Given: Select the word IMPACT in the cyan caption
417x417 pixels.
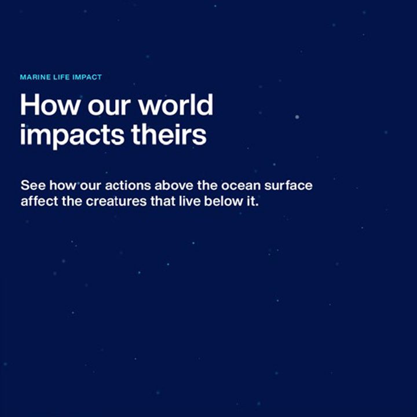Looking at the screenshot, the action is [x=87, y=77].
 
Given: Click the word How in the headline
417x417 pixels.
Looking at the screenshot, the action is [x=50, y=104].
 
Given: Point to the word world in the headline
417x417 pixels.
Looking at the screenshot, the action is [x=176, y=104].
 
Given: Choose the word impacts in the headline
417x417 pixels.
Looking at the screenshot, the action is [x=72, y=135].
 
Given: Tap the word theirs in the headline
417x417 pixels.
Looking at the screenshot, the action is [x=169, y=134].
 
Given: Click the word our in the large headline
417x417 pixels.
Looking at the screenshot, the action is [x=109, y=107].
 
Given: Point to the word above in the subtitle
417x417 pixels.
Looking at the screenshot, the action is [x=174, y=185].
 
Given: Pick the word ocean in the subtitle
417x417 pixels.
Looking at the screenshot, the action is [x=241, y=185].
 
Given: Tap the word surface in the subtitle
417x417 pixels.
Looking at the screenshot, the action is [x=288, y=185].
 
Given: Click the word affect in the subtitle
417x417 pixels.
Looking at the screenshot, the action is [x=39, y=201].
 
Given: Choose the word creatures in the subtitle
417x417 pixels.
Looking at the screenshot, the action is [x=116, y=201].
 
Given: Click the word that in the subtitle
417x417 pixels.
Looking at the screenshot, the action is [x=163, y=201].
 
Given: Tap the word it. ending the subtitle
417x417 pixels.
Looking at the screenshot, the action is [x=251, y=201].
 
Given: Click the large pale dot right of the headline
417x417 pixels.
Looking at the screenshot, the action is [x=297, y=117].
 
